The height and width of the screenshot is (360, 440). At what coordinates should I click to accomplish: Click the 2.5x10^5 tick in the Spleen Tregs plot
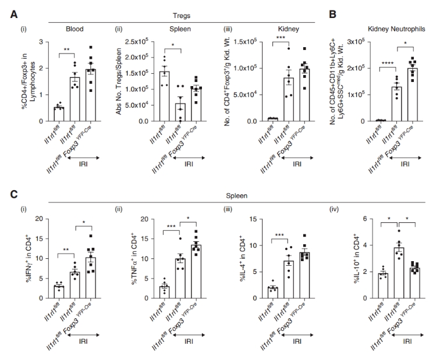click(141, 42)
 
